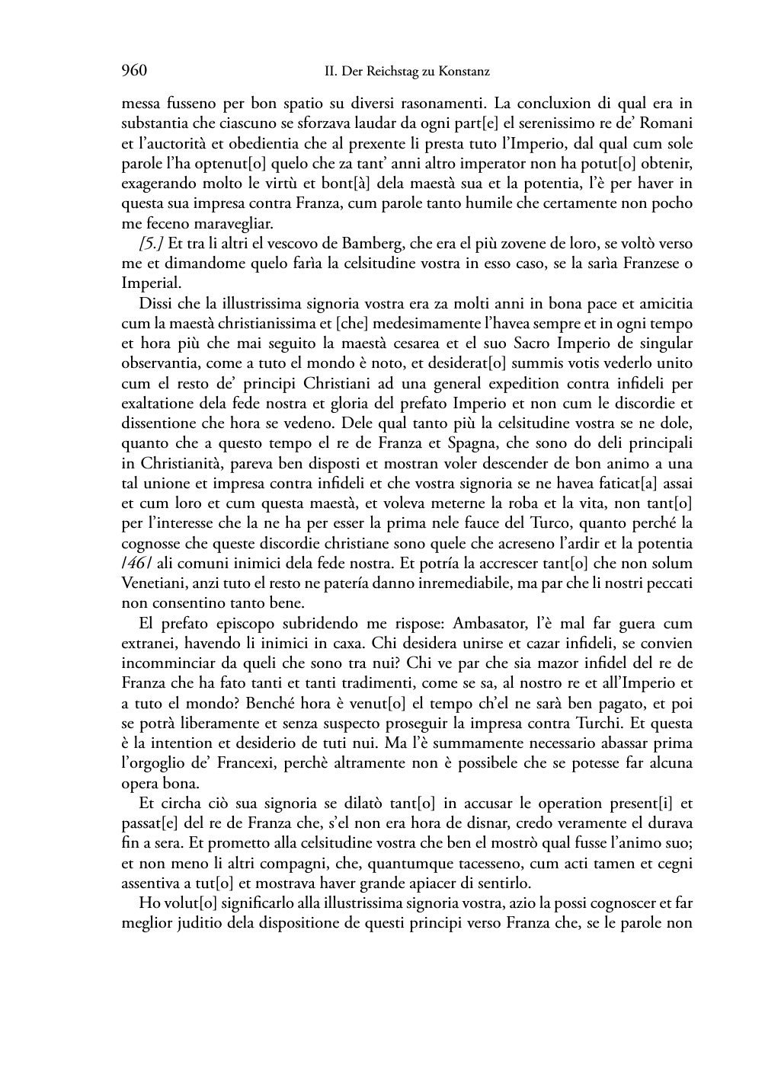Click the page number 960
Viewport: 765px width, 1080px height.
pos(133,71)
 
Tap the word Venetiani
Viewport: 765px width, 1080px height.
pos(152,583)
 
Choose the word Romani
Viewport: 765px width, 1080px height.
pos(668,123)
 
